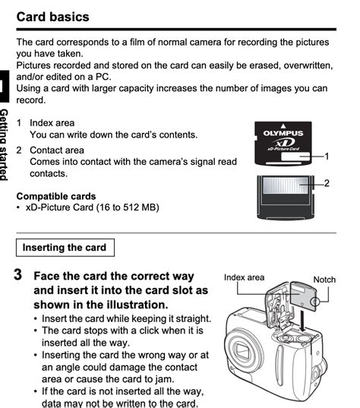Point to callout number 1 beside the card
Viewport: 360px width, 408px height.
[327, 156]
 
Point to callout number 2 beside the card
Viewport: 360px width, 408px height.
[327, 183]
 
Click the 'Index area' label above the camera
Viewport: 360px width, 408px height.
[244, 277]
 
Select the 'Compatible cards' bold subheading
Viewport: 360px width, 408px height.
[57, 196]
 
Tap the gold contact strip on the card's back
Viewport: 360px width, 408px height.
[283, 184]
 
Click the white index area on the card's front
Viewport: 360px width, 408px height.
[298, 157]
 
